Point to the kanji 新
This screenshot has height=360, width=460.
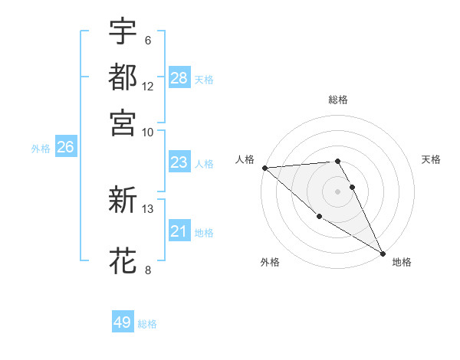(123, 201)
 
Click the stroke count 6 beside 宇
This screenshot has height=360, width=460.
(147, 41)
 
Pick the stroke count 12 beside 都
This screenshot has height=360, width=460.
(148, 87)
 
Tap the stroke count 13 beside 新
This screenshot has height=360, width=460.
(148, 208)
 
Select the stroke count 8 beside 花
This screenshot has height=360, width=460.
(147, 269)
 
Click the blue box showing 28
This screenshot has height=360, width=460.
(179, 78)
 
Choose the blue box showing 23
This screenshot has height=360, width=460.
(179, 162)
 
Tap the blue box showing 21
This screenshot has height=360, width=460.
(179, 231)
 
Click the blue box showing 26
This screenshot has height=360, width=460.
(65, 147)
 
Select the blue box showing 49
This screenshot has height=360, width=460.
(123, 322)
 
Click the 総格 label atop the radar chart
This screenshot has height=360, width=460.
(338, 100)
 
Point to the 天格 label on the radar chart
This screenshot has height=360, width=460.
(432, 159)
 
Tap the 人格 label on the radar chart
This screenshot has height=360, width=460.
(245, 159)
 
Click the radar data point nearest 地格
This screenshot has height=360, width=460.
(383, 253)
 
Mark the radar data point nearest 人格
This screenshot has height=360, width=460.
(264, 168)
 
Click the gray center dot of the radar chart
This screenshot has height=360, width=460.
(338, 191)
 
